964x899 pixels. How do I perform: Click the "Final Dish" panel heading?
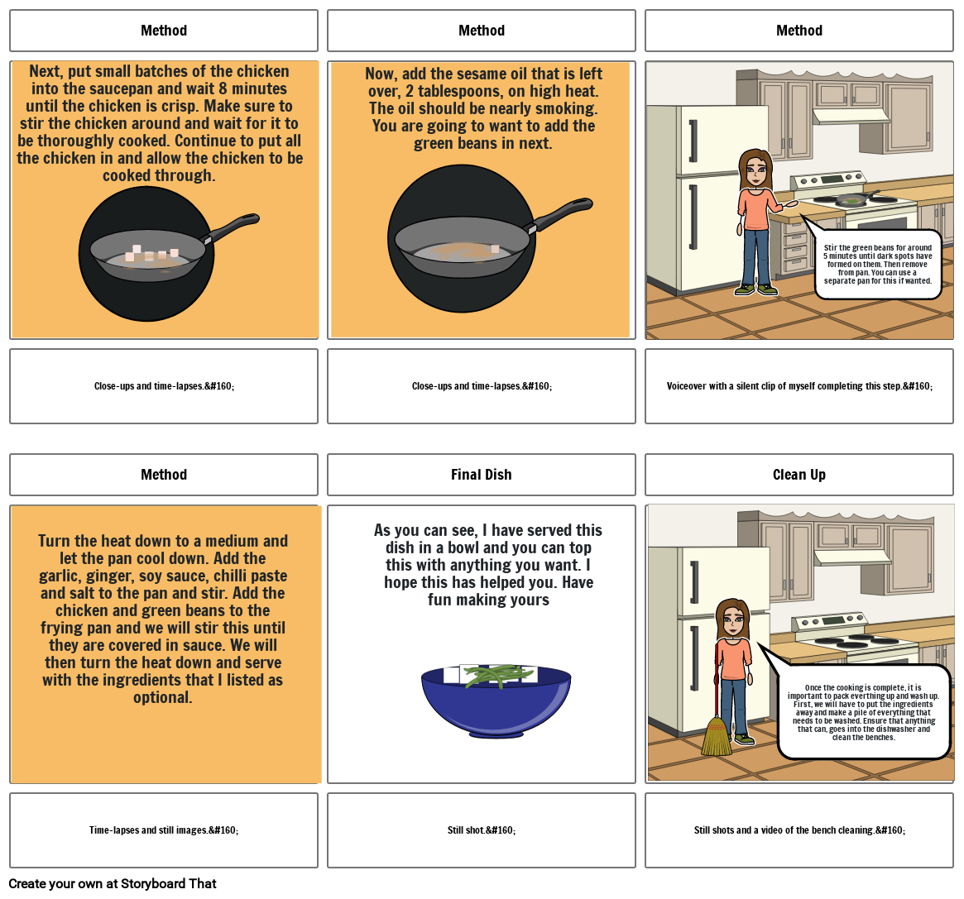pyautogui.click(x=481, y=475)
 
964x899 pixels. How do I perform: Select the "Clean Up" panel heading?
pyautogui.click(x=799, y=475)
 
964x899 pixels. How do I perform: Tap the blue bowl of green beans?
pyautogui.click(x=496, y=701)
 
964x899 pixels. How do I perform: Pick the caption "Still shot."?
pyautogui.click(x=482, y=830)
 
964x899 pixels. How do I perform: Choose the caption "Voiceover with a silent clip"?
pyautogui.click(x=799, y=386)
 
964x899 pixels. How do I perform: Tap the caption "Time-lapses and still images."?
pyautogui.click(x=164, y=830)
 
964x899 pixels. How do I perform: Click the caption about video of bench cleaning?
pyautogui.click(x=799, y=830)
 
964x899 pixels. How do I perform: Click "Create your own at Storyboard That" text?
pyautogui.click(x=113, y=883)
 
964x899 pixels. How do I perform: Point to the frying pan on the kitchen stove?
pyautogui.click(x=855, y=199)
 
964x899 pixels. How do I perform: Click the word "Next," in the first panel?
pyautogui.click(x=45, y=72)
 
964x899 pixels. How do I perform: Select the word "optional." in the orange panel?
pyautogui.click(x=163, y=697)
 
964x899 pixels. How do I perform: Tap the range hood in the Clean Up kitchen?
pyautogui.click(x=851, y=557)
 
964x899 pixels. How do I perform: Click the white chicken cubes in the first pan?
pyautogui.click(x=151, y=253)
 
